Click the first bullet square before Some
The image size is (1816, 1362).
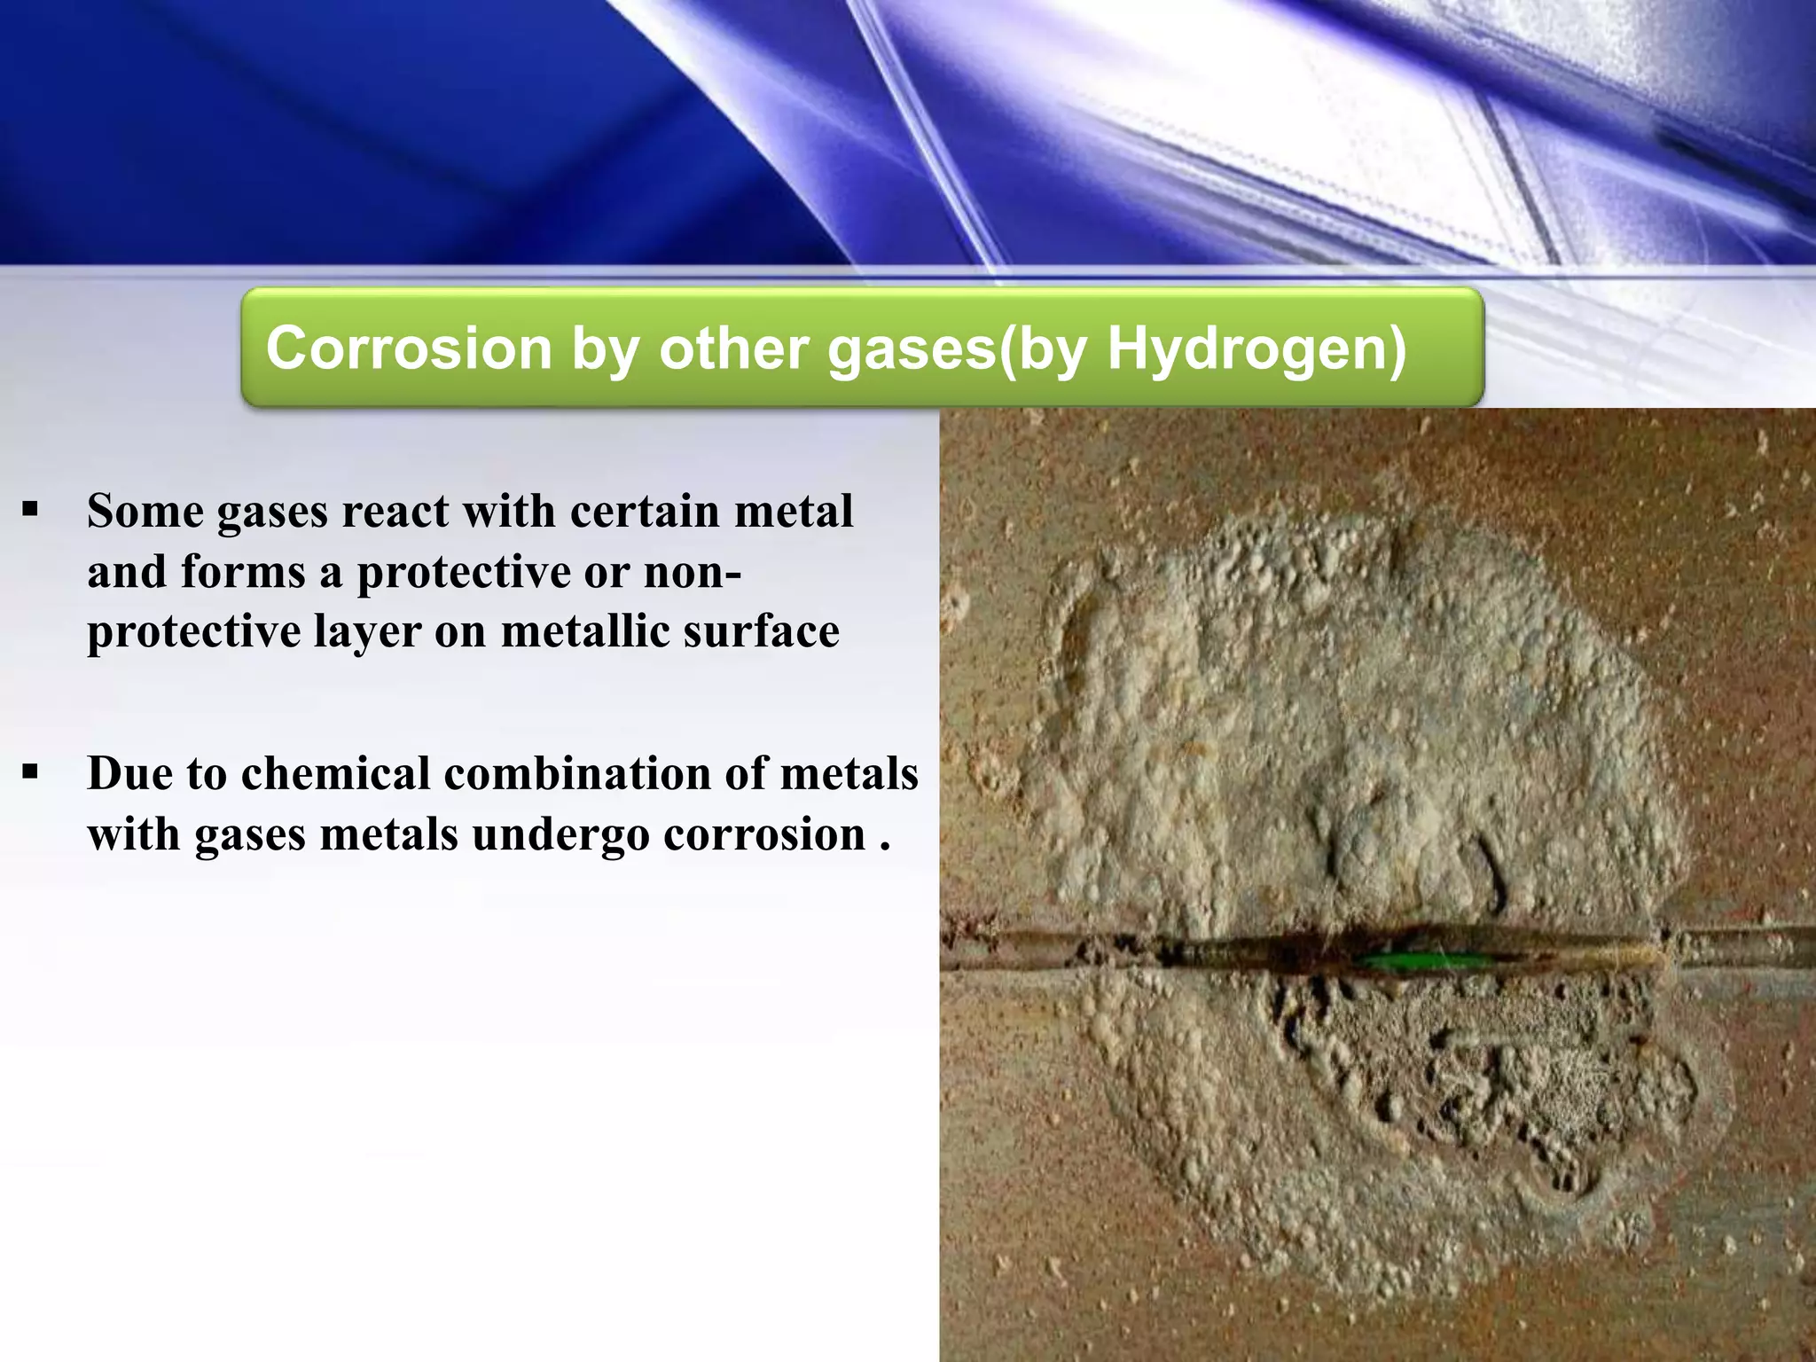pos(31,510)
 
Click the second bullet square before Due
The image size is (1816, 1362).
pos(31,772)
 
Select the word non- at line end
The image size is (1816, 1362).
pos(693,573)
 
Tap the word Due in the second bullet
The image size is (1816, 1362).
pos(129,773)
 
